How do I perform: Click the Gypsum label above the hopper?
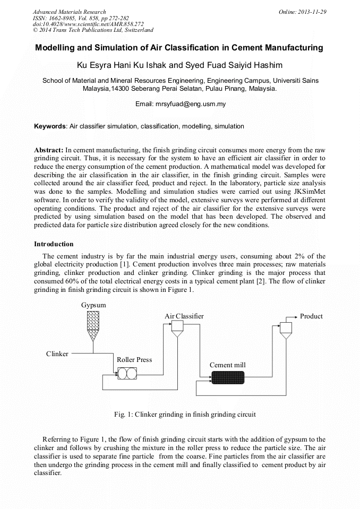click(93, 305)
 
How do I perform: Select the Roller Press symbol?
click(127, 374)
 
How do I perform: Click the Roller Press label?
click(134, 360)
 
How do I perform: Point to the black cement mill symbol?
click(227, 377)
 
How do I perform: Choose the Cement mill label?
click(227, 365)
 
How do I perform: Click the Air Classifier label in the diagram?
click(184, 316)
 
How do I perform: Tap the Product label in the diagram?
click(311, 316)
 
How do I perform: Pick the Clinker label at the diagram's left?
click(57, 353)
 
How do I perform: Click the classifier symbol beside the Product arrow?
click(286, 330)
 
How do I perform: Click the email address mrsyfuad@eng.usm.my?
click(191, 104)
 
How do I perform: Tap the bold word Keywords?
click(50, 127)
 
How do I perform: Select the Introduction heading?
click(54, 244)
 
